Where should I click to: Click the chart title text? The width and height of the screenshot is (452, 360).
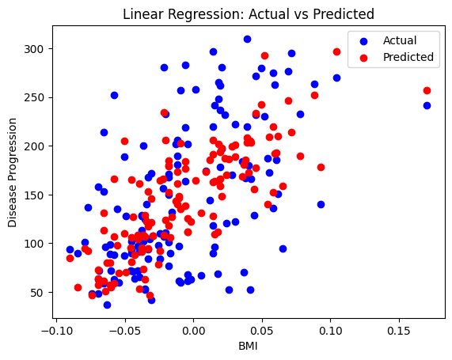249,14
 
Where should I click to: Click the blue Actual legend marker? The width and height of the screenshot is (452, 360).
364,41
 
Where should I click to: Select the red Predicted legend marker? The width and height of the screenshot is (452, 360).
364,58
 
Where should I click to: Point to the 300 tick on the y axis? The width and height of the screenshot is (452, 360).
34,49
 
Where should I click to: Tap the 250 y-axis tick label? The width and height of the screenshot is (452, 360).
34,97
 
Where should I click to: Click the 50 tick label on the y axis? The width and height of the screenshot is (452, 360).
37,293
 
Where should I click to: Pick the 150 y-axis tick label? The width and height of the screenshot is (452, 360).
34,195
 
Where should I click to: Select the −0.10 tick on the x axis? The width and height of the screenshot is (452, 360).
57,331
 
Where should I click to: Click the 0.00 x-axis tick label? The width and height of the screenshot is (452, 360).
193,331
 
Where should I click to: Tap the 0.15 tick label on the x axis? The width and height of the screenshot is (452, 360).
399,331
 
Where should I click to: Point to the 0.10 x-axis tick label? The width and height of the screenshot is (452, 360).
330,331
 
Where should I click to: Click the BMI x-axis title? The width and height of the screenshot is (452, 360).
248,347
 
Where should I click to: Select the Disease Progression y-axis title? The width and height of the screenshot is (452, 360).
13,172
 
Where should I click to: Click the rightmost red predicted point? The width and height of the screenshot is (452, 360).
427,90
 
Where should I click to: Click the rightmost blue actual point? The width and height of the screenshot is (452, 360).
427,105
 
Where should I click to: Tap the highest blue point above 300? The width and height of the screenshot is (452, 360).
247,40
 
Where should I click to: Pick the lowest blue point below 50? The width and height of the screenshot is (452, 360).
107,305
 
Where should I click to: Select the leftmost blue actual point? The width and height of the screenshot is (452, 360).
70,249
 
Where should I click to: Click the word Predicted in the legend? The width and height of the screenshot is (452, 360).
408,57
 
